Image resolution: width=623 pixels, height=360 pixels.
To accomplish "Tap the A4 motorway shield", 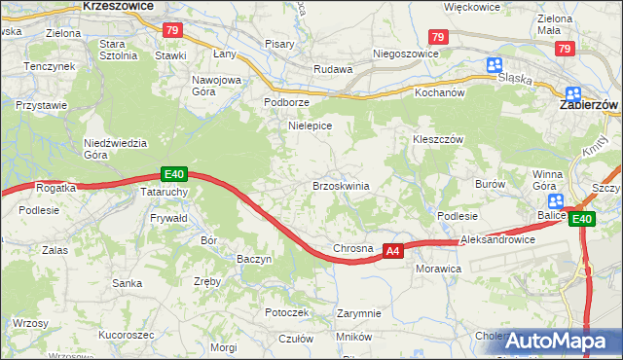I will coord(392,251).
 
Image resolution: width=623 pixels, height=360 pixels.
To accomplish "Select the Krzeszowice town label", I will coord(119,6).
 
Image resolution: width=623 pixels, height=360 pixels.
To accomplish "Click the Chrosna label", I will coord(353,248).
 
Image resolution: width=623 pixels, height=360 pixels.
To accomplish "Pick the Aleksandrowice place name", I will coord(498,239).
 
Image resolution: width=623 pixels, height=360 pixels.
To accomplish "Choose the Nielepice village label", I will coord(311,126).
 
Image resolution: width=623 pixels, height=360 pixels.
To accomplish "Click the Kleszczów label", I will coord(436,139).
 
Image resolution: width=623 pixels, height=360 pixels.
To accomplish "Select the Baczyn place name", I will coord(255,259).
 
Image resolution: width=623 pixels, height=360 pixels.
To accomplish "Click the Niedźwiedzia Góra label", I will coord(115,148).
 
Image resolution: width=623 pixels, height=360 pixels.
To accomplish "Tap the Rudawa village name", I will coord(331,69).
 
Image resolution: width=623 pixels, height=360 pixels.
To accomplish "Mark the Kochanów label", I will coord(441,92).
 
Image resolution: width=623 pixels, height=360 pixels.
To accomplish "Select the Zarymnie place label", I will coord(358,313).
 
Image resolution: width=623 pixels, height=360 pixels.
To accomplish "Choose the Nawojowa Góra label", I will coord(216,85).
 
